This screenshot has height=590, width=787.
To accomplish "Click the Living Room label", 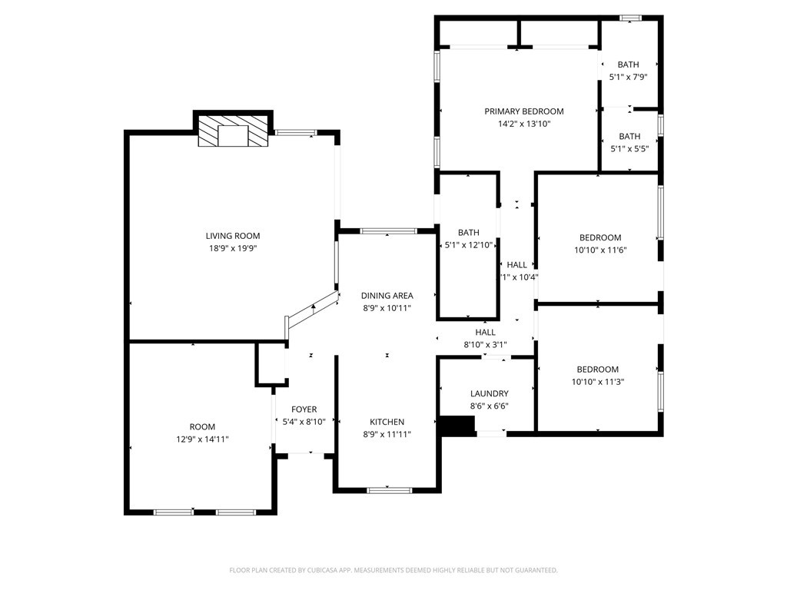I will pos(232,236).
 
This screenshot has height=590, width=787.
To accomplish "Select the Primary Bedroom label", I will pos(523,111).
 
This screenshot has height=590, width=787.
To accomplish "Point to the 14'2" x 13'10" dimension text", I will pos(523,124).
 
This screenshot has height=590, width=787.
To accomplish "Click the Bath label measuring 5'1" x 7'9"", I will pos(628,65).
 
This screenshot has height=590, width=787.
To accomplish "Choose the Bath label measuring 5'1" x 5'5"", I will pos(629,137).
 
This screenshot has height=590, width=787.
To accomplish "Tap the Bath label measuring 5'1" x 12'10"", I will pos(468,233).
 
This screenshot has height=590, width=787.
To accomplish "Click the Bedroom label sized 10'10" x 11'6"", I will pos(599,238).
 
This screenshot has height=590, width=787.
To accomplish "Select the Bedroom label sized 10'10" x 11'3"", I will pos(597,370).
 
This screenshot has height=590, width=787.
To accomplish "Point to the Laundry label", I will pos(489,394).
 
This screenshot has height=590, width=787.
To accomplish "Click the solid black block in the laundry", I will pos(457,426).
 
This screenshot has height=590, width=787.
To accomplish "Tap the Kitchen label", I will pos(387,422).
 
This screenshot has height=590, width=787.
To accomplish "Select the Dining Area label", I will pos(387,296).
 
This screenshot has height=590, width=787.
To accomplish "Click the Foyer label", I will pos(304,409).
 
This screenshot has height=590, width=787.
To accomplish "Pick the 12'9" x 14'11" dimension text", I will pos(203,439).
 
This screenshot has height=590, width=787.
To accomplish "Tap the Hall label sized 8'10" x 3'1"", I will pos(485,333).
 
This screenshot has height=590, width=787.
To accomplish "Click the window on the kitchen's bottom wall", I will pos(389,489).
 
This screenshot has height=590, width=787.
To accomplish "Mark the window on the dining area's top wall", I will pos(388,230).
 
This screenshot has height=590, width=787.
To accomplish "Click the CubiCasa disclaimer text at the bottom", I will pos(393,570).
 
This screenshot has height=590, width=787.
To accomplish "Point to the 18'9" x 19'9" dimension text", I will pos(232,248).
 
